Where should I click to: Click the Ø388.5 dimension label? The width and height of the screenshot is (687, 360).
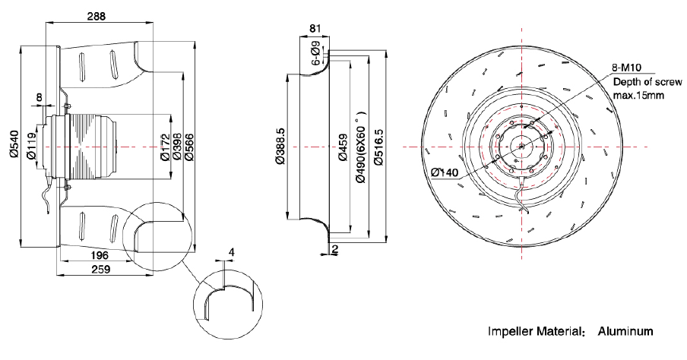point(279,144)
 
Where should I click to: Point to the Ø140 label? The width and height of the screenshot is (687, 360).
point(445,172)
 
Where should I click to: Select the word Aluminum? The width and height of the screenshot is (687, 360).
point(625,332)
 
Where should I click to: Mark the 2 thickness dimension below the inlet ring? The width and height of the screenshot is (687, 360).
point(335,248)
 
